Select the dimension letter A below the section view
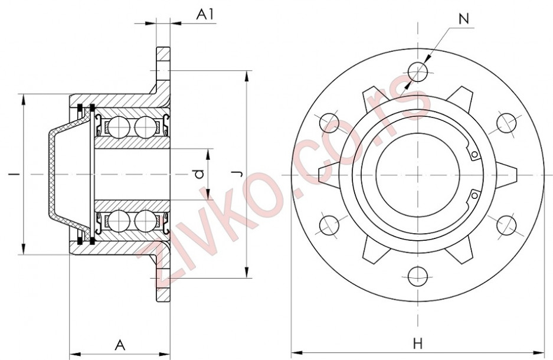tap(120, 345)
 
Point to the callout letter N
tap(464, 18)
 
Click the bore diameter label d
tap(200, 174)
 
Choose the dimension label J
tap(236, 174)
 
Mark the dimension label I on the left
tap(12, 174)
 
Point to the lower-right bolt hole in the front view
tap(506, 225)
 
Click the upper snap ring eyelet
tap(474, 155)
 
